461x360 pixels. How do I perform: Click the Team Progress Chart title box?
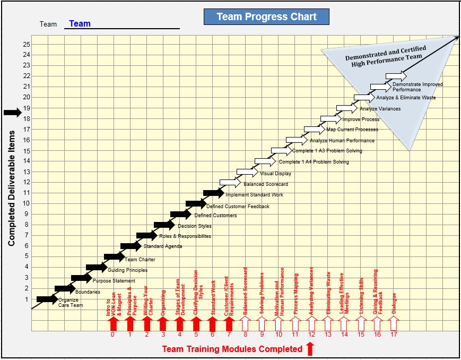point(266,17)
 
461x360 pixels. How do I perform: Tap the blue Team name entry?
point(80,23)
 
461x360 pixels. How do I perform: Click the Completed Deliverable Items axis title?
point(11,188)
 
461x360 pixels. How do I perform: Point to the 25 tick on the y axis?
point(27,44)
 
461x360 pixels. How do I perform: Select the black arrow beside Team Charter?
point(114,256)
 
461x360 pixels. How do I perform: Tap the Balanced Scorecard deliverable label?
point(266,184)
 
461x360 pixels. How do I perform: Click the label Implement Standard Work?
point(254,195)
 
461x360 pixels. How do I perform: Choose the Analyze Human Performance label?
point(342,141)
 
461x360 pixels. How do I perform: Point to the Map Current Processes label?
point(352,130)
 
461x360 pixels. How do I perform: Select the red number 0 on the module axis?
point(112,335)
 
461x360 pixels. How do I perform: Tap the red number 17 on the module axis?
point(394,335)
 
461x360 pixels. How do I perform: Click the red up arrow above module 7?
point(229,323)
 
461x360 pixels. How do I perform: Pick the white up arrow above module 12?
point(311,323)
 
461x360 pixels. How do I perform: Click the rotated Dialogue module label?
point(394,303)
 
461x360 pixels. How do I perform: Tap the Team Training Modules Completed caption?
point(232,349)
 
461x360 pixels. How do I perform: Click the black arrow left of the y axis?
point(12,112)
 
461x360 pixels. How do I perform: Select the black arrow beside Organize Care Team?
point(47,299)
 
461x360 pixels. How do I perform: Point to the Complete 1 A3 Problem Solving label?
point(327,151)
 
